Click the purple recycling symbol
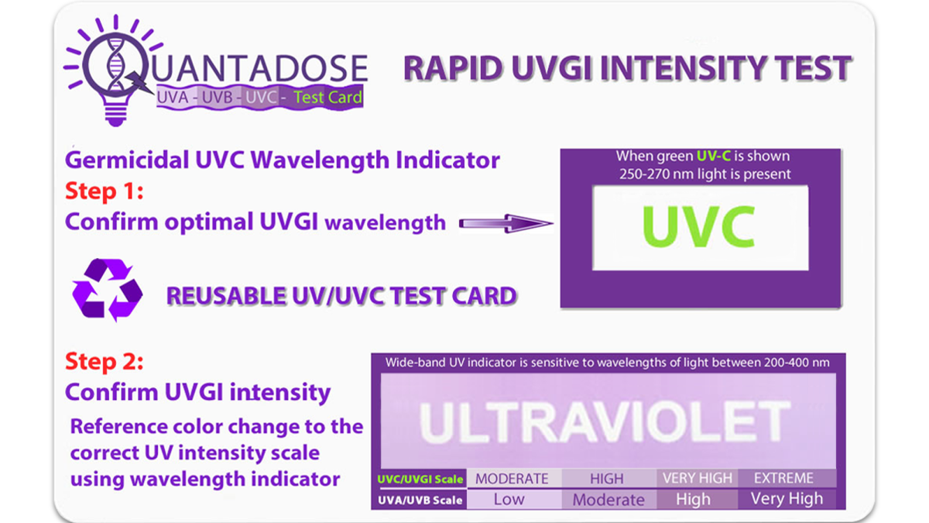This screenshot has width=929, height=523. point(108,290)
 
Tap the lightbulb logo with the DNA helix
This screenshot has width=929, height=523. point(113,71)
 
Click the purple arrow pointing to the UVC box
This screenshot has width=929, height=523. point(506,223)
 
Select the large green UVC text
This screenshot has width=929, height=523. point(699,226)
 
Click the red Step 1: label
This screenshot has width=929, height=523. point(105,191)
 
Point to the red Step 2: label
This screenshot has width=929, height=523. point(105,361)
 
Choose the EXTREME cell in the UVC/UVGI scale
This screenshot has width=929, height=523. point(783,478)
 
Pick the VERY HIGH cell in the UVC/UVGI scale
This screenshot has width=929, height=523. point(698,478)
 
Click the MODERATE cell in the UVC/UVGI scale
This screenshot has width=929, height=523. point(512,479)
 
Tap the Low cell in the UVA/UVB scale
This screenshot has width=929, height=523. point(509,499)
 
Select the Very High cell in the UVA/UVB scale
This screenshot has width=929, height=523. point(787,498)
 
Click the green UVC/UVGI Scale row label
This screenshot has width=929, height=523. point(420,479)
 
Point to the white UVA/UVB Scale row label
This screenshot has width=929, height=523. point(420,501)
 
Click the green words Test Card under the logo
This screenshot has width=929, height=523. point(328,98)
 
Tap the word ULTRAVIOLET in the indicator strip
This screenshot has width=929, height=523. point(605,422)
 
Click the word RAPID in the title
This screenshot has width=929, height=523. point(453,68)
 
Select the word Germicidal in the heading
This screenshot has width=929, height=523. point(127,160)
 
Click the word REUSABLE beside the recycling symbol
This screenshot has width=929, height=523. point(225,295)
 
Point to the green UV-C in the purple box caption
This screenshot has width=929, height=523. point(713,156)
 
